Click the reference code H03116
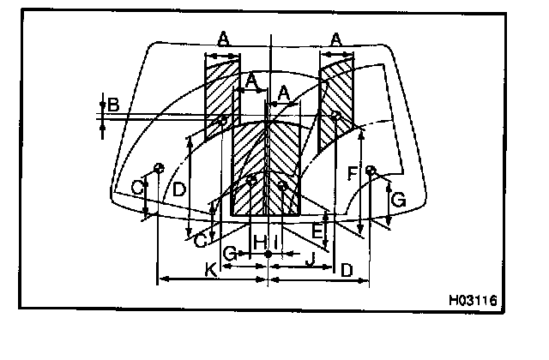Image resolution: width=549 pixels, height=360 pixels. click(472, 301)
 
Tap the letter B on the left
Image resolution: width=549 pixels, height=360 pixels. click(112, 106)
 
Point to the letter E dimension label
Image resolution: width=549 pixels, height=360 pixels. click(317, 230)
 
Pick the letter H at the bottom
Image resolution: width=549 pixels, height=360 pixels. click(259, 243)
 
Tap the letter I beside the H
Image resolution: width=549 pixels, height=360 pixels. click(274, 243)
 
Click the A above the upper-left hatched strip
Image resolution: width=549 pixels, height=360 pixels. click(222, 38)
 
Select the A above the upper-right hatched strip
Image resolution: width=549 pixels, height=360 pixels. click(336, 38)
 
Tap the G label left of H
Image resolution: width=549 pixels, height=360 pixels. click(229, 255)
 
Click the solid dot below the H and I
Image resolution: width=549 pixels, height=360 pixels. click(269, 255)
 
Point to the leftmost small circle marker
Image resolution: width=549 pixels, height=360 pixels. click(158, 165)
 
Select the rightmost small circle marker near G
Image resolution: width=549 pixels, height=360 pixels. click(371, 171)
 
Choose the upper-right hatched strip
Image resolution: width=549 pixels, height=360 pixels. click(336, 94)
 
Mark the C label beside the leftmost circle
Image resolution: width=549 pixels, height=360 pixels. click(136, 186)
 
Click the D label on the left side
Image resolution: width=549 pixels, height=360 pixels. click(178, 189)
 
